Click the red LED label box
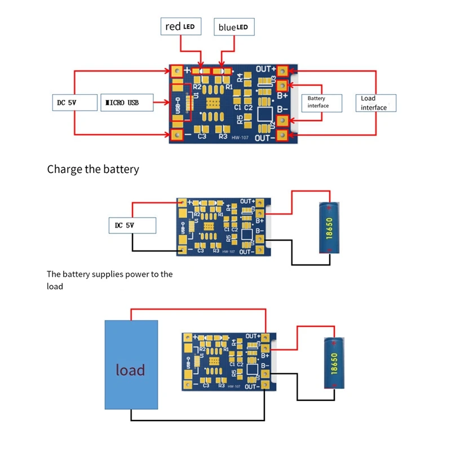pyautogui.click(x=180, y=26)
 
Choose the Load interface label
pyautogui.click(x=376, y=103)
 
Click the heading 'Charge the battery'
pyautogui.click(x=93, y=169)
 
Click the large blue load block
pyautogui.click(x=131, y=364)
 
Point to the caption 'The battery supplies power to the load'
pyautogui.click(x=110, y=280)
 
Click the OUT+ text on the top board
pyautogui.click(x=265, y=69)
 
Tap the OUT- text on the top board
pyautogui.click(x=265, y=138)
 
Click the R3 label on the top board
pyautogui.click(x=223, y=136)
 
